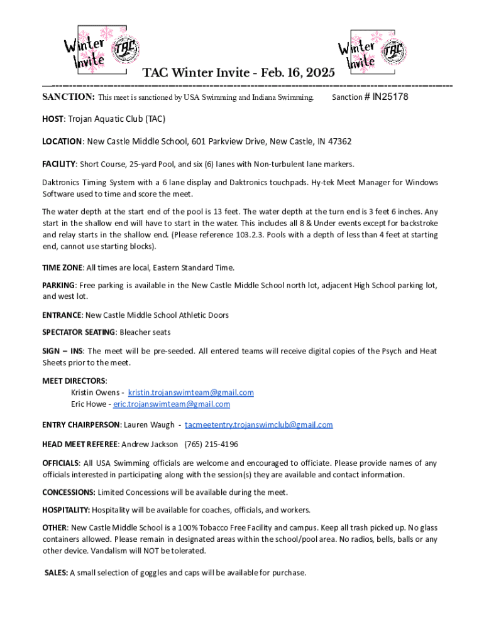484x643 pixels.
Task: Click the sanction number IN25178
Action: click(x=390, y=97)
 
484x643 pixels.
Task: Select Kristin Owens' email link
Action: click(x=191, y=392)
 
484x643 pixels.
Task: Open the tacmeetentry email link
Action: click(x=258, y=425)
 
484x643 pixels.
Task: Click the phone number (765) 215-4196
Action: click(x=211, y=445)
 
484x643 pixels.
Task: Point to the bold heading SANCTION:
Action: click(x=69, y=97)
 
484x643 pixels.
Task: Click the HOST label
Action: click(x=53, y=119)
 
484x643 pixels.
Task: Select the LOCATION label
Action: click(x=62, y=142)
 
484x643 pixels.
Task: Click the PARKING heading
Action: click(x=58, y=286)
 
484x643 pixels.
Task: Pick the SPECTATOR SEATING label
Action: click(x=79, y=332)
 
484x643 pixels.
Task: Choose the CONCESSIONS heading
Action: click(x=69, y=492)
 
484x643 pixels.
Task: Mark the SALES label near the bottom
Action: click(x=56, y=573)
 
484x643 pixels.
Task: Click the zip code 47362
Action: click(x=338, y=142)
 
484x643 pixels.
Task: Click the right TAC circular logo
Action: click(x=394, y=50)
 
